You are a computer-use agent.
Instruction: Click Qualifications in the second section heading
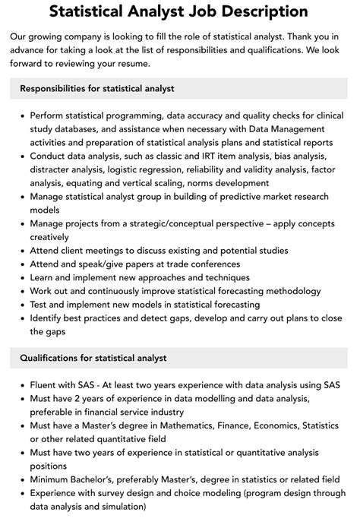pyautogui.click(x=53, y=358)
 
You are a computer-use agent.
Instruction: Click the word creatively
pyautogui.click(x=54, y=237)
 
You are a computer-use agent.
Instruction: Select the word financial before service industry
pyautogui.click(x=113, y=413)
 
